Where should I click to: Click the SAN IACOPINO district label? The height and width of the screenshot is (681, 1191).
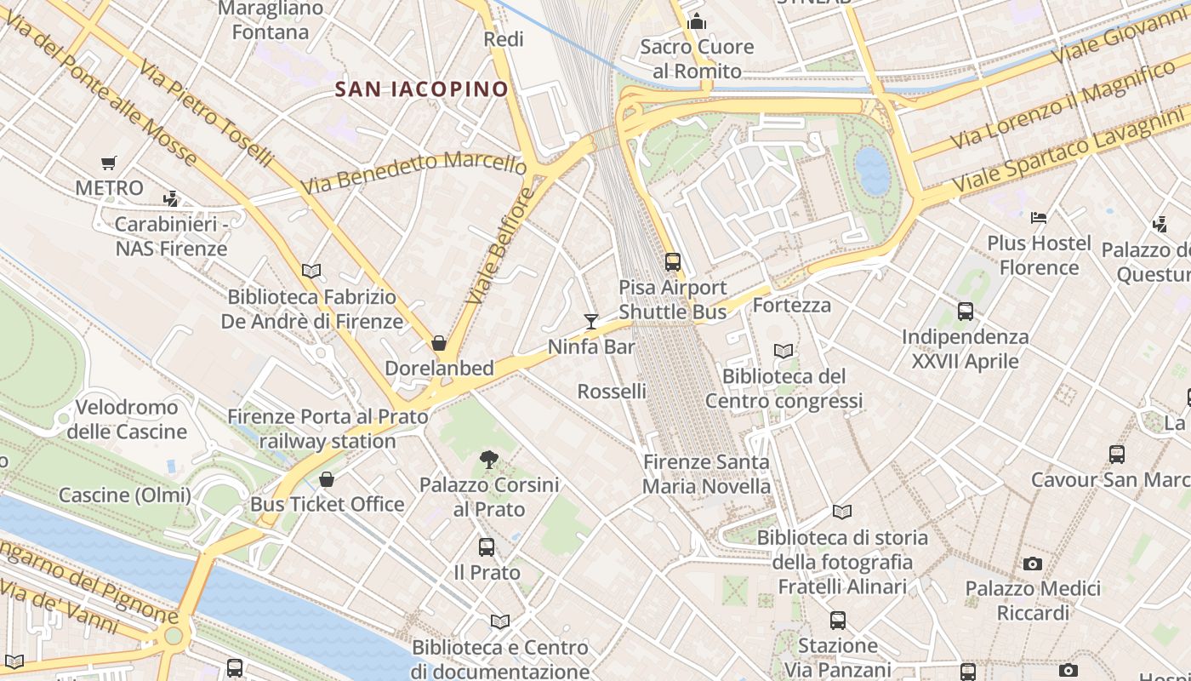click(421, 89)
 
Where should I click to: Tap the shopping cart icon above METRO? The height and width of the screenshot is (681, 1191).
click(108, 163)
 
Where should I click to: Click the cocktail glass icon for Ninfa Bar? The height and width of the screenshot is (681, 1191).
click(591, 321)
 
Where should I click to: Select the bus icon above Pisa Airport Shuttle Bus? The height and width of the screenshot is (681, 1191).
click(673, 261)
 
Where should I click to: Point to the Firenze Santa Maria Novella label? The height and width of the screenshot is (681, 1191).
click(706, 474)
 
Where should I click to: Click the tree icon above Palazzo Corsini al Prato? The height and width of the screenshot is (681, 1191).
click(488, 460)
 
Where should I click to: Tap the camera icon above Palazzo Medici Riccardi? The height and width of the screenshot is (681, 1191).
click(1033, 564)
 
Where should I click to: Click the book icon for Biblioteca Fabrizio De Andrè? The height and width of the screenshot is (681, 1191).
click(311, 271)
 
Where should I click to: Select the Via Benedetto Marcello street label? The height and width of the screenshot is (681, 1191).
click(413, 170)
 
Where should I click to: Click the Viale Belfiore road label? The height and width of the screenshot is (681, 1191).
click(501, 247)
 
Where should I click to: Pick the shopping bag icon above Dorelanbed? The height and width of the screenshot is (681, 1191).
click(439, 343)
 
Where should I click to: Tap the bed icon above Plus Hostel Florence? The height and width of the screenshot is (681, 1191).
click(1038, 218)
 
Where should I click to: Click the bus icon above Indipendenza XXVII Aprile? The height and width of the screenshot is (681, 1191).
click(965, 312)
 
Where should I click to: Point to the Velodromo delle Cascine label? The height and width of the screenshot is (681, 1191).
click(126, 419)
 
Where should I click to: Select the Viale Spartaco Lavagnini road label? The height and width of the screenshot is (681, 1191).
click(1070, 152)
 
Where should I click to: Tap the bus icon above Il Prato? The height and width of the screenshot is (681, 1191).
click(487, 547)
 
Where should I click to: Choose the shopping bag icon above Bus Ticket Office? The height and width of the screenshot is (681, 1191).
click(326, 479)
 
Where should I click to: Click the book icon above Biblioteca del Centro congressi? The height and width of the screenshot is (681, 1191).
click(784, 351)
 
